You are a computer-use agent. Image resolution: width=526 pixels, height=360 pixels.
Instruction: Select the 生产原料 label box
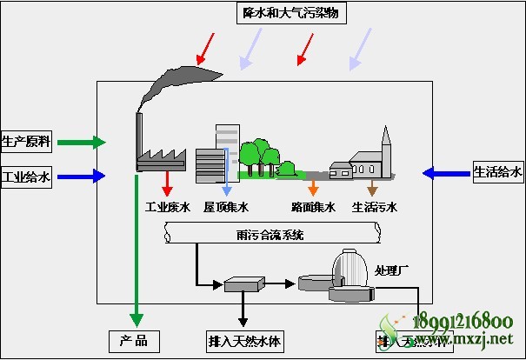[26, 141]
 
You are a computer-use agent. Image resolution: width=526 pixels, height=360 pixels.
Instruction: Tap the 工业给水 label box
[26, 177]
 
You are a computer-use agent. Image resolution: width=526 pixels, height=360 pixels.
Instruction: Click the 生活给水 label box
[498, 172]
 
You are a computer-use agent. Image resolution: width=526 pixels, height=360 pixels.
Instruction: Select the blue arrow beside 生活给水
[445, 173]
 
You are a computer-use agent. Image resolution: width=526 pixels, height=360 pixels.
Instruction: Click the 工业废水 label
[166, 207]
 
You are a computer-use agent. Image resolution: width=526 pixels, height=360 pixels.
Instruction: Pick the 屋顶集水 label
[226, 207]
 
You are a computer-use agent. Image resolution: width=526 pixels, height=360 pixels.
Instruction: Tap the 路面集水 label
[313, 207]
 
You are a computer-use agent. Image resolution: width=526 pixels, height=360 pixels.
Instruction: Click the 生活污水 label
[374, 207]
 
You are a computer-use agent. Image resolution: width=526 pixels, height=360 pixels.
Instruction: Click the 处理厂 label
[391, 270]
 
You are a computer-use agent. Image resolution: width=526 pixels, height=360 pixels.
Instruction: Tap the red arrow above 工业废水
[166, 183]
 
